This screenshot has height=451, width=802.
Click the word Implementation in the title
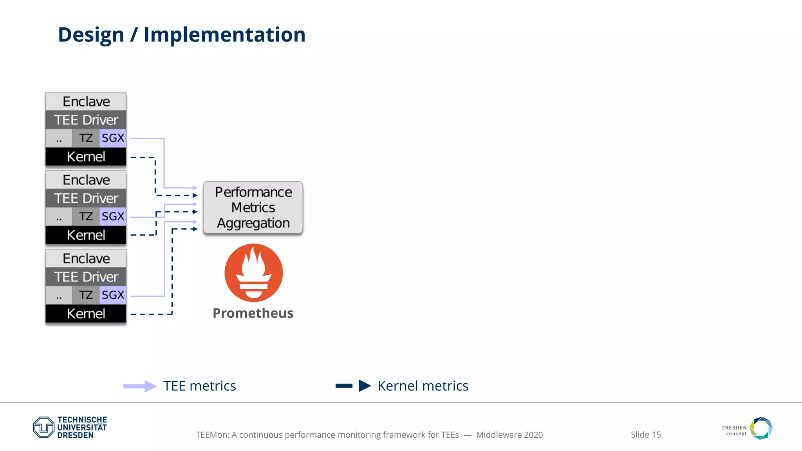coord(224,35)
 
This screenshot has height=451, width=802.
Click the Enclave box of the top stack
coord(86,101)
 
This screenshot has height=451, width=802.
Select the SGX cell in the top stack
coord(113,138)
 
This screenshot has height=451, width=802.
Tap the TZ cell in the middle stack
coord(86,216)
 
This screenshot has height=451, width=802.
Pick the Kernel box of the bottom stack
coord(86,314)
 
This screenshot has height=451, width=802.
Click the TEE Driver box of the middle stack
coord(86,198)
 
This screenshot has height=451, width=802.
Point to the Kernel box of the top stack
coord(86,157)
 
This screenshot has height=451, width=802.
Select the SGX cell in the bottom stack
coord(113,295)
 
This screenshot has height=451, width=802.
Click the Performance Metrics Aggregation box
coord(253,207)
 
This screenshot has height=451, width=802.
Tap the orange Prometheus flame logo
coord(253,273)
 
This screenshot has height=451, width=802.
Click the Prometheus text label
coord(253,313)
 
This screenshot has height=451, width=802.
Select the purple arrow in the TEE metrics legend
coord(140,386)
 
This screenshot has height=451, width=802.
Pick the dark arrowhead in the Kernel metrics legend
coord(364,386)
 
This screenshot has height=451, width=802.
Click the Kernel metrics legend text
coord(423,386)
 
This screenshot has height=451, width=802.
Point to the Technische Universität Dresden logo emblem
coord(43,427)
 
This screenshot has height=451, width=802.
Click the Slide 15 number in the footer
coord(645,435)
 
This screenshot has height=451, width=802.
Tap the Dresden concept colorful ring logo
coord(761,428)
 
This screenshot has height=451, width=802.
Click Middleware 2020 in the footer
coord(509,435)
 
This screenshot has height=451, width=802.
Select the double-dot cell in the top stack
coord(59,138)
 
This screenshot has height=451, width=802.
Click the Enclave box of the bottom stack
coord(86,258)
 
